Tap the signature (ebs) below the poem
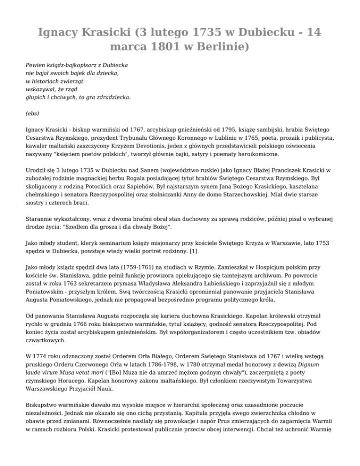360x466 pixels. [x=32, y=113]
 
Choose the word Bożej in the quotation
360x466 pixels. [x=156, y=226]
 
